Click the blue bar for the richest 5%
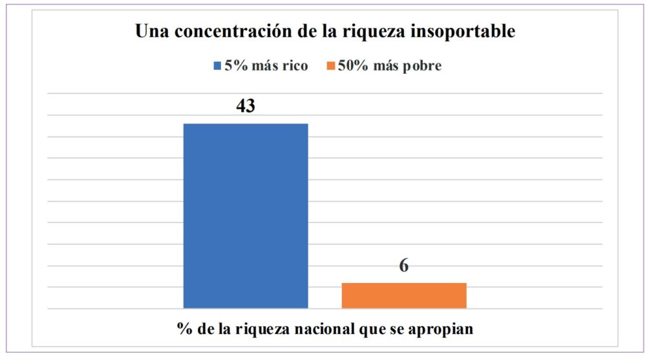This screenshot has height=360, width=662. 246,215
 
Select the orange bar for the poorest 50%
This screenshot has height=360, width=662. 403,295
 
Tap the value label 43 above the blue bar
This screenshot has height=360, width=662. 245,105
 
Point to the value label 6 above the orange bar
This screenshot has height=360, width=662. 403,266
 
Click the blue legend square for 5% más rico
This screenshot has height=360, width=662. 217,66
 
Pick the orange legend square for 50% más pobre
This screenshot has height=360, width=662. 332,66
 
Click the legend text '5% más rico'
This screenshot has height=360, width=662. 266,66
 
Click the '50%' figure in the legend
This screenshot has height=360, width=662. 350,66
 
